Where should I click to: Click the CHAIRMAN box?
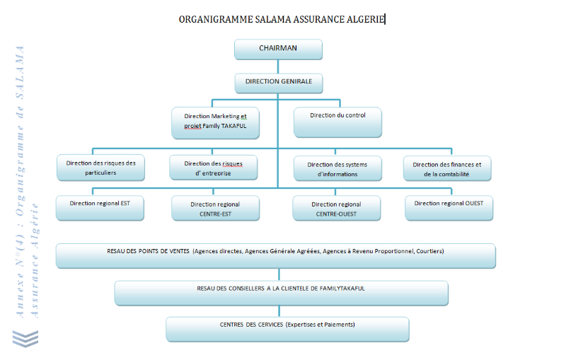pos(278,49)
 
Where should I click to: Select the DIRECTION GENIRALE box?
pos(278,83)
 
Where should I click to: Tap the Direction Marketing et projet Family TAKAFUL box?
pos(215,122)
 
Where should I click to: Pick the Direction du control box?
pos(338,122)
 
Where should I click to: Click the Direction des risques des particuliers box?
pos(100,168)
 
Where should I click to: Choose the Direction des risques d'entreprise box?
pos(213,168)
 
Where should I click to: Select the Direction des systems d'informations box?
pos(337,168)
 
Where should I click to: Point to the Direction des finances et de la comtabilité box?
pos(447,168)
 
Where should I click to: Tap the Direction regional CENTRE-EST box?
pos(215,209)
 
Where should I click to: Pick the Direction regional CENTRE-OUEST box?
pos(337,209)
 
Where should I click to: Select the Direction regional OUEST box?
pos(449,207)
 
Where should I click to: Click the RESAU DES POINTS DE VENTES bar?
pos(275,256)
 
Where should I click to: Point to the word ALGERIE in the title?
pos(366,20)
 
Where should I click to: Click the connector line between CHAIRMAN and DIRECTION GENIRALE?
pos(278,66)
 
